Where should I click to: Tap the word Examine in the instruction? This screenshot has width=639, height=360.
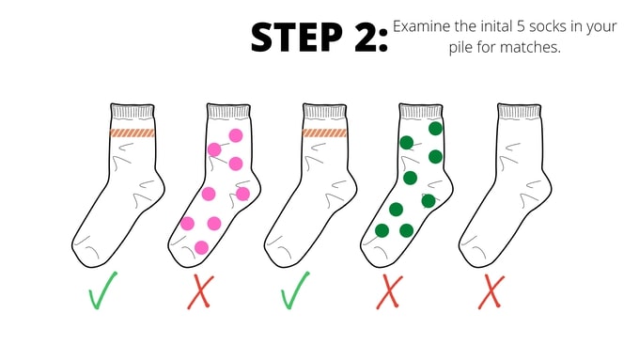point(420,26)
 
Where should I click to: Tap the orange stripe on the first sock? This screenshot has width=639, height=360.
point(132,133)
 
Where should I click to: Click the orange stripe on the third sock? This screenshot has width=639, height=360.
point(324,133)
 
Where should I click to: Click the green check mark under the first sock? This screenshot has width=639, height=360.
point(101,290)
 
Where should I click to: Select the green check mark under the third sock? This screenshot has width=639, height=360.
point(294,290)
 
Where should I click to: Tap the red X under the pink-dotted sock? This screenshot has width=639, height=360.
point(200,291)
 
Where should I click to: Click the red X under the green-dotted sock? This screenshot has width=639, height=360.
point(390,291)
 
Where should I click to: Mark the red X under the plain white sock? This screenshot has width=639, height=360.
point(491,291)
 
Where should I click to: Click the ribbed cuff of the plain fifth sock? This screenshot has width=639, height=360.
point(519,112)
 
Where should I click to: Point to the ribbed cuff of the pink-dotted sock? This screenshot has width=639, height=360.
point(228,112)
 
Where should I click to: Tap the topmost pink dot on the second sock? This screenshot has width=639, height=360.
point(236,135)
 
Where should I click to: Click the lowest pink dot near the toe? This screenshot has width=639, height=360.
point(201,247)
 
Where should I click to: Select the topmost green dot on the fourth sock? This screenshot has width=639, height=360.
point(436,129)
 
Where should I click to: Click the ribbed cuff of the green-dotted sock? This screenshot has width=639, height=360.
point(421,112)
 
